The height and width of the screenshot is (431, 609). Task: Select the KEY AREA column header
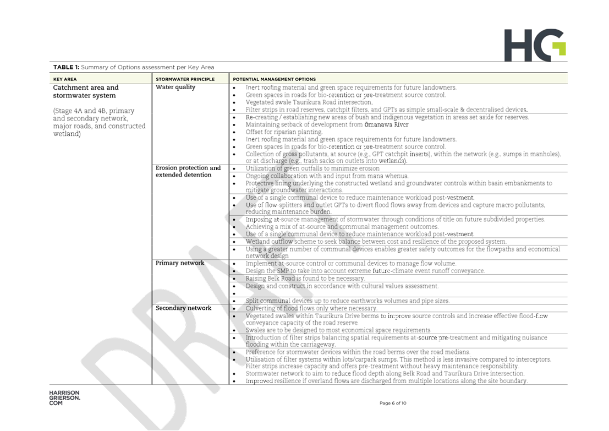coord(64,79)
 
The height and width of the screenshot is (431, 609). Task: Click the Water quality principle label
coord(175,88)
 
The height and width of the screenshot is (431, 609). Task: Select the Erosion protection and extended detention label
coord(188,171)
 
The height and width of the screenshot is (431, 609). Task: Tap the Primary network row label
coord(180,263)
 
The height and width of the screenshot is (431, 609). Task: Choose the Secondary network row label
coord(183,308)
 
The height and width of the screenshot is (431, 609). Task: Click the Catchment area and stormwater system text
coord(86,91)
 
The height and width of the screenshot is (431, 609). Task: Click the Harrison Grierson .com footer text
coord(64,398)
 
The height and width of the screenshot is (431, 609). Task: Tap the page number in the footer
coord(393,403)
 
